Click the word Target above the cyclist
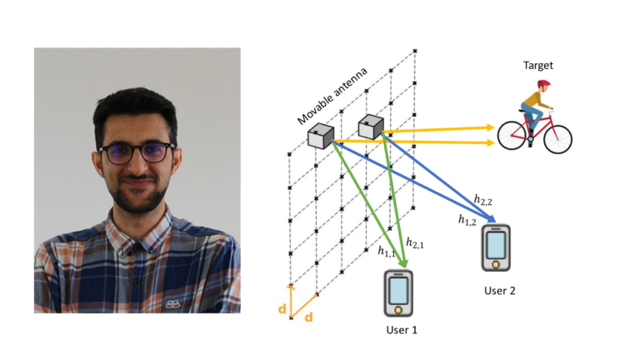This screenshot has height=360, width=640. click(538, 65)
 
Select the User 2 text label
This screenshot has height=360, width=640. click(500, 291)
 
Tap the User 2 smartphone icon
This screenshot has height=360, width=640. click(495, 248)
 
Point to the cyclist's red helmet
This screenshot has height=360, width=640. click(542, 85)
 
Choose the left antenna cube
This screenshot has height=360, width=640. click(320, 137)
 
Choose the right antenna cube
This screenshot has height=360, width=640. click(370, 126)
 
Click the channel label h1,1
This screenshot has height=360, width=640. click(387, 250)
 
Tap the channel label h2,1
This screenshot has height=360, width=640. click(415, 242)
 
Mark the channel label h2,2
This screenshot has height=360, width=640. click(482, 199)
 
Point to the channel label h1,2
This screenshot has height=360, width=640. click(467, 220)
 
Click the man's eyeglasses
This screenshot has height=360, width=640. click(137, 152)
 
